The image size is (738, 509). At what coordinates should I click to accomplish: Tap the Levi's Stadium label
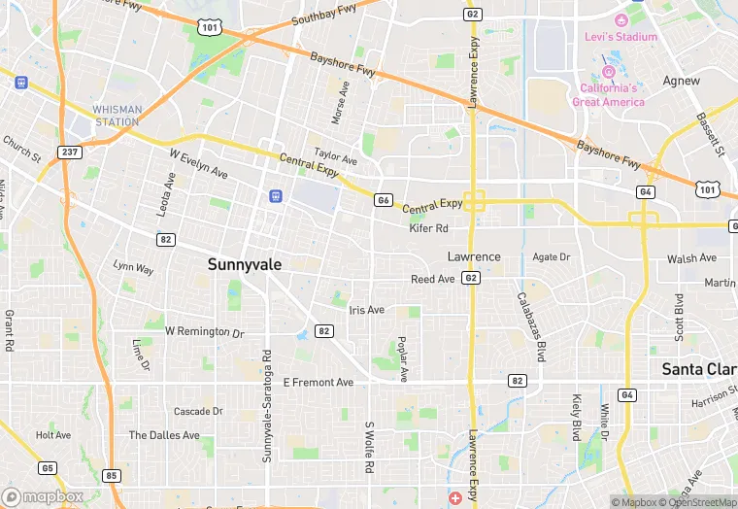tap(621, 37)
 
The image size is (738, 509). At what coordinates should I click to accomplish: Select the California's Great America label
tap(608, 95)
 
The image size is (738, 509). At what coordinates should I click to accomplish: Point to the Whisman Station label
tap(117, 116)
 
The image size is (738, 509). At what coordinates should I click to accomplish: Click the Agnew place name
tap(681, 81)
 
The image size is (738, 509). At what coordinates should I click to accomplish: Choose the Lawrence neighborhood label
tap(474, 256)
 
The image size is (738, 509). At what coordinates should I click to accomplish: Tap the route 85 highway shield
tap(112, 475)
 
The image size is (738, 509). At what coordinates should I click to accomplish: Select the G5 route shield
tap(48, 467)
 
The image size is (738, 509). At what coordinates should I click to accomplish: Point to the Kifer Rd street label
tap(428, 228)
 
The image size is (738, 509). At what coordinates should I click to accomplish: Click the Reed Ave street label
tap(432, 279)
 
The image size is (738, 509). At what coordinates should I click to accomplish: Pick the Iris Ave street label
tap(366, 310)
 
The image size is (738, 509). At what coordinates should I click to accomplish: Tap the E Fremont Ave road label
tap(319, 383)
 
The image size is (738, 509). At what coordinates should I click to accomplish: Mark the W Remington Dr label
tap(204, 331)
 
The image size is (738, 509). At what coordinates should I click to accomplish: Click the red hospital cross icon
tap(455, 498)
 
